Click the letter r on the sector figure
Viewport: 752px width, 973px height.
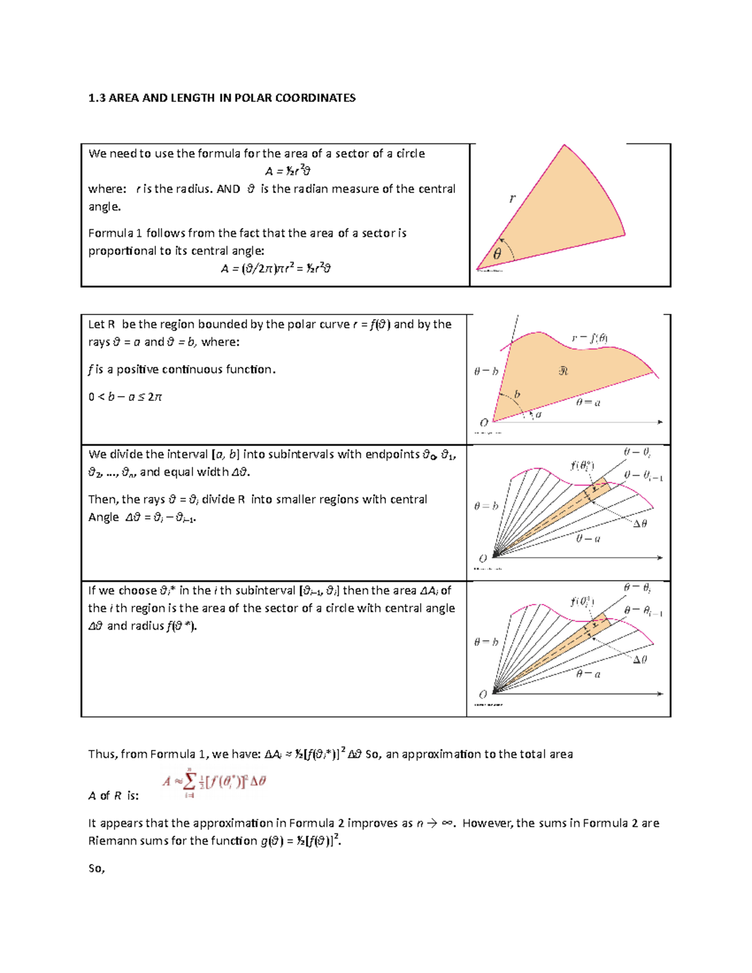point(513,199)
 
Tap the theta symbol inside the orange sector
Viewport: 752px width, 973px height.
point(497,254)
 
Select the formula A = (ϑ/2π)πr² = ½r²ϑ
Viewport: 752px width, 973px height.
point(276,269)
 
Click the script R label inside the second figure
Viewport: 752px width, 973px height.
point(563,371)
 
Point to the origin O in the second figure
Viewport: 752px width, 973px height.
point(484,422)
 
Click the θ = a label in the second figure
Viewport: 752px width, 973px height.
point(588,402)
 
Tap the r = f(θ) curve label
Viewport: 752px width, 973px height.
point(590,338)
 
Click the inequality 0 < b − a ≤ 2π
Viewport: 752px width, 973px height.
point(125,397)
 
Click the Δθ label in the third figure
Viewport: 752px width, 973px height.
point(640,524)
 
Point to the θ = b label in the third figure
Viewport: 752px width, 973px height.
point(486,506)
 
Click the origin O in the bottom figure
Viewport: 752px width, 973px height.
point(483,694)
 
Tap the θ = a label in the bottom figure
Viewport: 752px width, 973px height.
point(588,674)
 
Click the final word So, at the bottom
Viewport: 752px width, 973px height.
point(97,868)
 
